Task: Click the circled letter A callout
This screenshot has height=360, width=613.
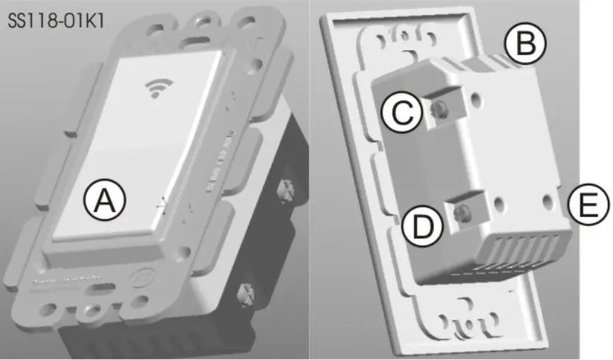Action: point(105,200)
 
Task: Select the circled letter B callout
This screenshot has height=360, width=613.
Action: point(525,45)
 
